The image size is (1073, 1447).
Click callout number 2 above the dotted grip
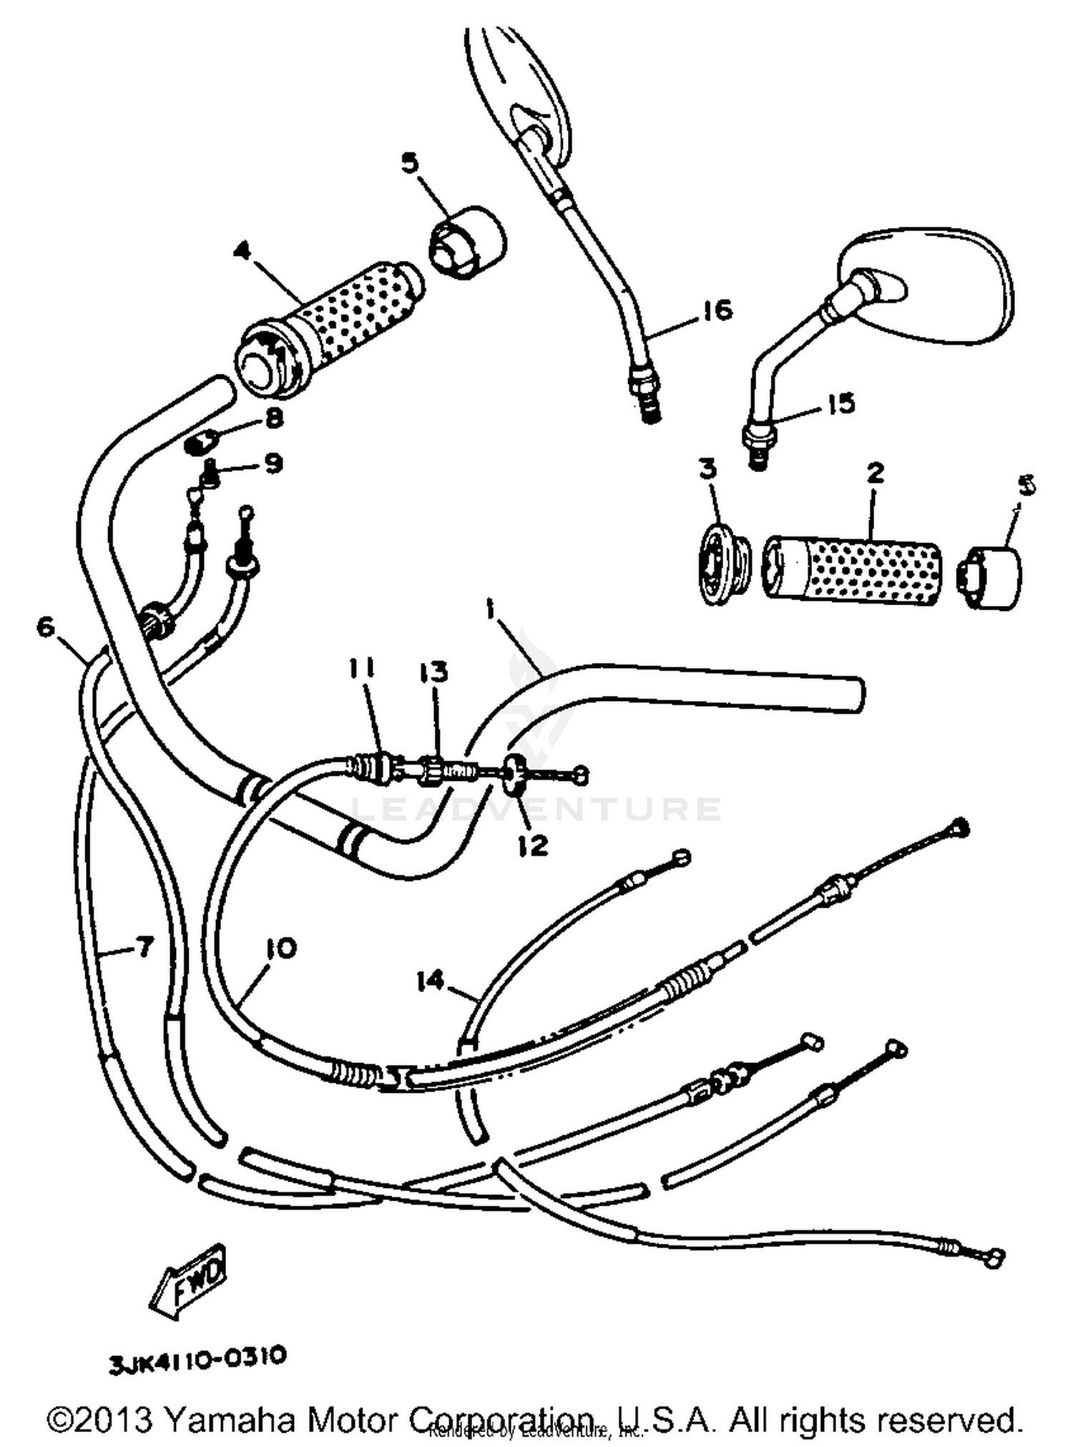click(875, 473)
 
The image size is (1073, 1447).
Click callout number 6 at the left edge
click(45, 627)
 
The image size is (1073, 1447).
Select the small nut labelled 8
click(201, 443)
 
